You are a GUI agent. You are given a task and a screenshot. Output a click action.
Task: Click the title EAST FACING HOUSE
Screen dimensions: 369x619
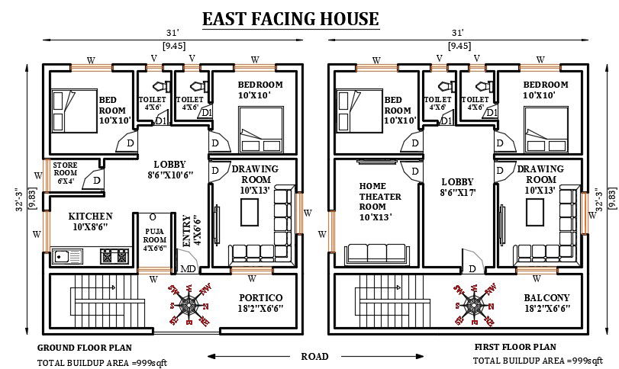coord(289,18)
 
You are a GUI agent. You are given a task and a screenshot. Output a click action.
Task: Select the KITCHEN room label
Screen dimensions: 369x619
coord(90,221)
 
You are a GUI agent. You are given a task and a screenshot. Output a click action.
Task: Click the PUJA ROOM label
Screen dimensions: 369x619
coord(155,237)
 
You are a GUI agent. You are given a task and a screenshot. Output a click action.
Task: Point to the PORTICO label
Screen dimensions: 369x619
coord(260,303)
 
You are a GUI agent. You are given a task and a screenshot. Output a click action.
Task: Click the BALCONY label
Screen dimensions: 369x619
coord(546,303)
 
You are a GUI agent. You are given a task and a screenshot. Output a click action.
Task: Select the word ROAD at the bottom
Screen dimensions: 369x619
coord(315,356)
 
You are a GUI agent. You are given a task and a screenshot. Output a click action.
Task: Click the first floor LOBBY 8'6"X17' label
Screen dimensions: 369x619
coord(458,188)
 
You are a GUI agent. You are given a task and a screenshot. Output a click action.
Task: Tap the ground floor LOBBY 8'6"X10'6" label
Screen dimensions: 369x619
coord(169,169)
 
